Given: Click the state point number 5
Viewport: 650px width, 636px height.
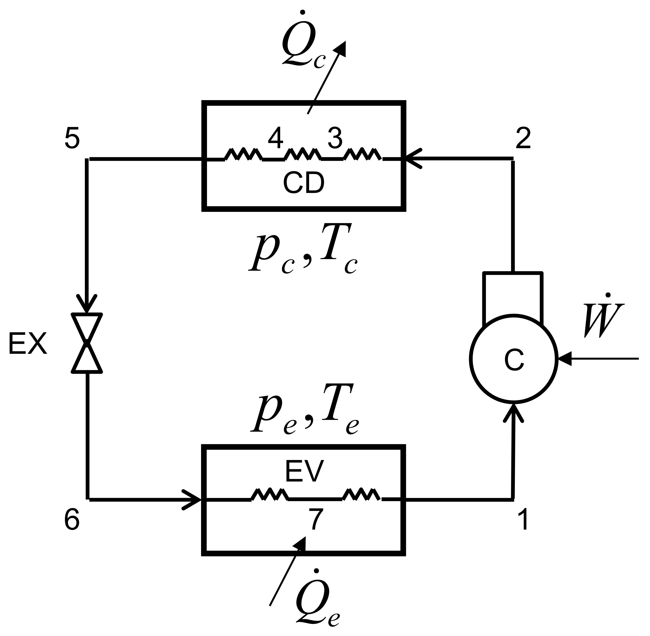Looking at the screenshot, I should (x=72, y=138).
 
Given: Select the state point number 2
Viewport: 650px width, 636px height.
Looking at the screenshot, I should (x=523, y=138).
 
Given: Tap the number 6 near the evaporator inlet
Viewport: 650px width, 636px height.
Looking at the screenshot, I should (x=72, y=520).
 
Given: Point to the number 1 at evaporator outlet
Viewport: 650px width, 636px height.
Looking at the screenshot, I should (x=523, y=520).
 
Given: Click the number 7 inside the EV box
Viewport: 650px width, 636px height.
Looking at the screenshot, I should (x=316, y=520).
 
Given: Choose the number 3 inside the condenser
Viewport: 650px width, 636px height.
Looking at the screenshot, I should (x=335, y=138).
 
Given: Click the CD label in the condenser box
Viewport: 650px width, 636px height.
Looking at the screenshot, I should (x=304, y=183).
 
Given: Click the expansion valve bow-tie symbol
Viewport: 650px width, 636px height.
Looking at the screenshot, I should (x=87, y=343).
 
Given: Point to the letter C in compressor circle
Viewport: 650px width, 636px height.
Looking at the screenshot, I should (x=514, y=360).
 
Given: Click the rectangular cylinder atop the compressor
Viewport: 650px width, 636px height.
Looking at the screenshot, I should (x=512, y=297).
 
